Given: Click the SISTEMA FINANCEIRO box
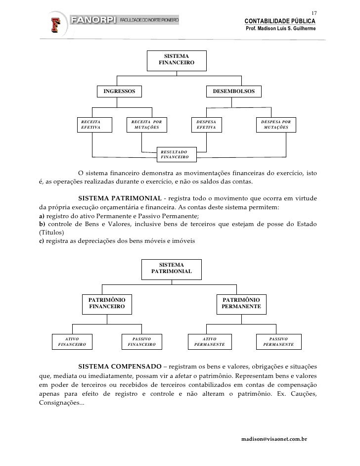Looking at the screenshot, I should tap(176, 60).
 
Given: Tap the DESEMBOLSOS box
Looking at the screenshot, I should tap(233, 92).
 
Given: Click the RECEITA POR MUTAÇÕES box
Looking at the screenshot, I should tap(146, 124).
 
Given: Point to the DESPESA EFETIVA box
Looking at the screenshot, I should tap(207, 124).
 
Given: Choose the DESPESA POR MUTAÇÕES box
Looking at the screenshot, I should tap(276, 124).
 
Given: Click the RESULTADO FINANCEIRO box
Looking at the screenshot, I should tap(176, 154).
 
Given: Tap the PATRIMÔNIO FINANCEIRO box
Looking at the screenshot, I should tap(107, 304).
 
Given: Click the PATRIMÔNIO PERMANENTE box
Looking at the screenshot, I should tap(241, 304).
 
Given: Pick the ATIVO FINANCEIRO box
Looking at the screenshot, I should tap(72, 341).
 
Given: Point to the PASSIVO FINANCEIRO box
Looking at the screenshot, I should tap(141, 341).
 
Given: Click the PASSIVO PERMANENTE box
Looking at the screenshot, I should tap(278, 341).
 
